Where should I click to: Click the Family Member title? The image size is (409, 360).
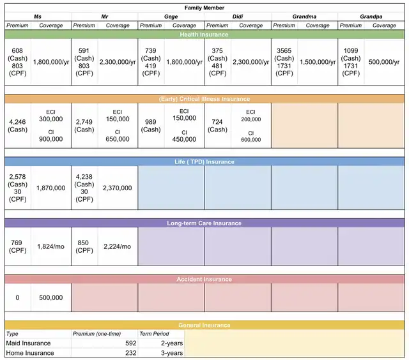point(204,6)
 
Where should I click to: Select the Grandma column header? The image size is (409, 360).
point(305,16)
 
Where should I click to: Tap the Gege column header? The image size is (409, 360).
point(171,16)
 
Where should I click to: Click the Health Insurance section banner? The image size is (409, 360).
point(204,34)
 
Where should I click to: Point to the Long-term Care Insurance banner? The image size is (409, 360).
point(204,223)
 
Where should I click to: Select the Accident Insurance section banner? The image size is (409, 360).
point(204,280)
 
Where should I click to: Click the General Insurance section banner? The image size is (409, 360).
point(204,326)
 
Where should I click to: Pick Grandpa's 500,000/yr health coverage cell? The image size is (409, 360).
point(384,63)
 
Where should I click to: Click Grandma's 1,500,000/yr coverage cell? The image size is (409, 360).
point(318,63)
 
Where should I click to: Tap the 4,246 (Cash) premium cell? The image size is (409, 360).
point(18,125)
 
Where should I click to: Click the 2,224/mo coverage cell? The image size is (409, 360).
point(118,246)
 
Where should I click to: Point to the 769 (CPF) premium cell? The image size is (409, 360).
point(18,246)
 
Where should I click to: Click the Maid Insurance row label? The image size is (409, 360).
point(28,343)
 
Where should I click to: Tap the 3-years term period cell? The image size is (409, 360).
point(172,353)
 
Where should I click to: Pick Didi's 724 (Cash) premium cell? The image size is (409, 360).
point(218,125)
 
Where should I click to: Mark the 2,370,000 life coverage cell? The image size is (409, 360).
point(118,188)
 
